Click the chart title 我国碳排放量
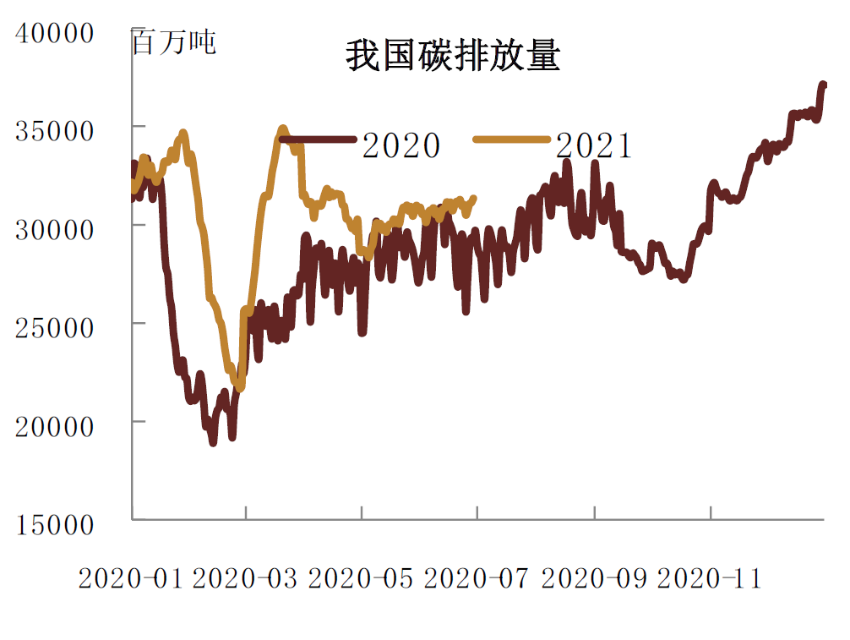(453, 57)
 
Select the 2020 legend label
(400, 146)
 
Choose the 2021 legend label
(594, 146)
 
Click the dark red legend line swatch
(317, 139)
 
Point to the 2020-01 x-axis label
(130, 579)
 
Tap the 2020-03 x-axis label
(246, 579)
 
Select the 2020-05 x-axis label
(362, 579)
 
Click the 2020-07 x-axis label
(477, 579)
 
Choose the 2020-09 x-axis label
(594, 579)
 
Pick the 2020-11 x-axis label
(710, 579)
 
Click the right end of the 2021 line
(474, 199)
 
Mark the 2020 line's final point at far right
(824, 85)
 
